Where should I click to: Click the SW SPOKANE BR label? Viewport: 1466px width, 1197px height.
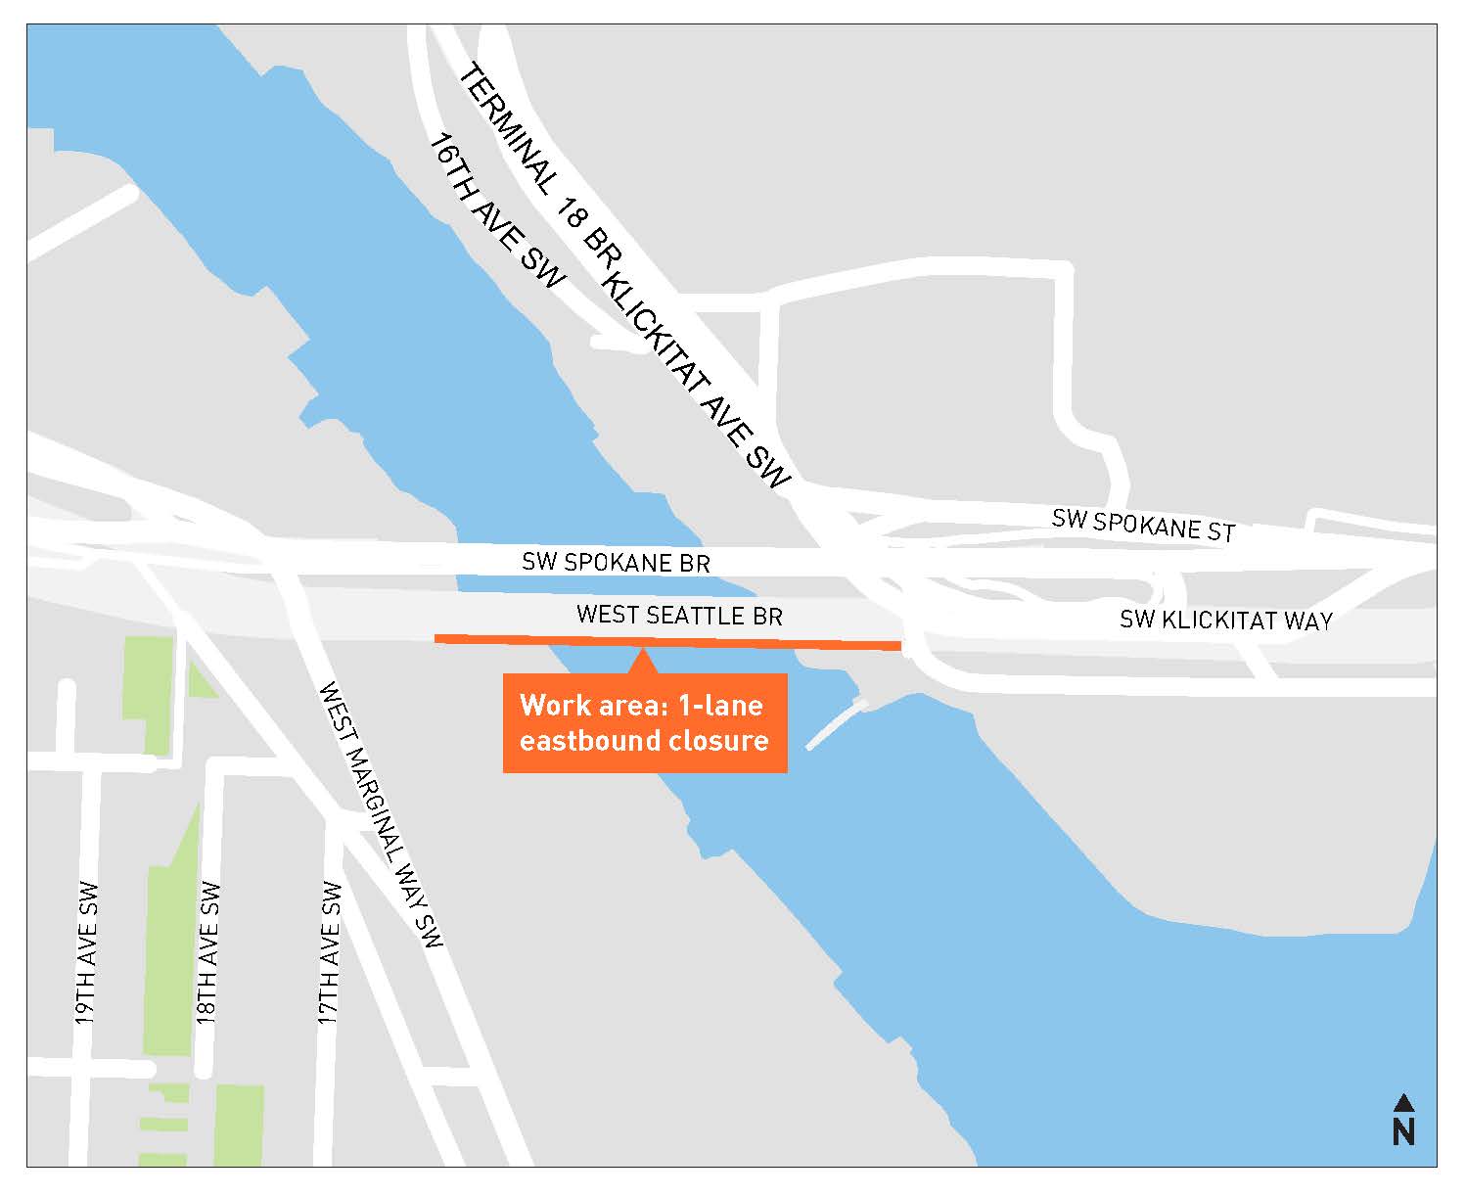616,562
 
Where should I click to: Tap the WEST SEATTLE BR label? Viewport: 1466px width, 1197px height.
679,615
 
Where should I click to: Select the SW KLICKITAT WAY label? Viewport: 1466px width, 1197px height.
1225,620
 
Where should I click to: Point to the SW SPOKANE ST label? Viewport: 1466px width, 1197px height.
1143,525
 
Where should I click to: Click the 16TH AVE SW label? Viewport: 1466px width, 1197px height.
497,211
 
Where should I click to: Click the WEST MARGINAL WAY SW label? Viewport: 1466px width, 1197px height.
381,814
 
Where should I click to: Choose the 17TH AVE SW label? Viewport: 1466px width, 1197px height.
330,954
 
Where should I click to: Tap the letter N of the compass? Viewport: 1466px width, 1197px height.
1403,1131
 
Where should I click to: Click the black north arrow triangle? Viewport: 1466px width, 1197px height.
1403,1103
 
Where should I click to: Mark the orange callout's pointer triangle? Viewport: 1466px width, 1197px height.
642,662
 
